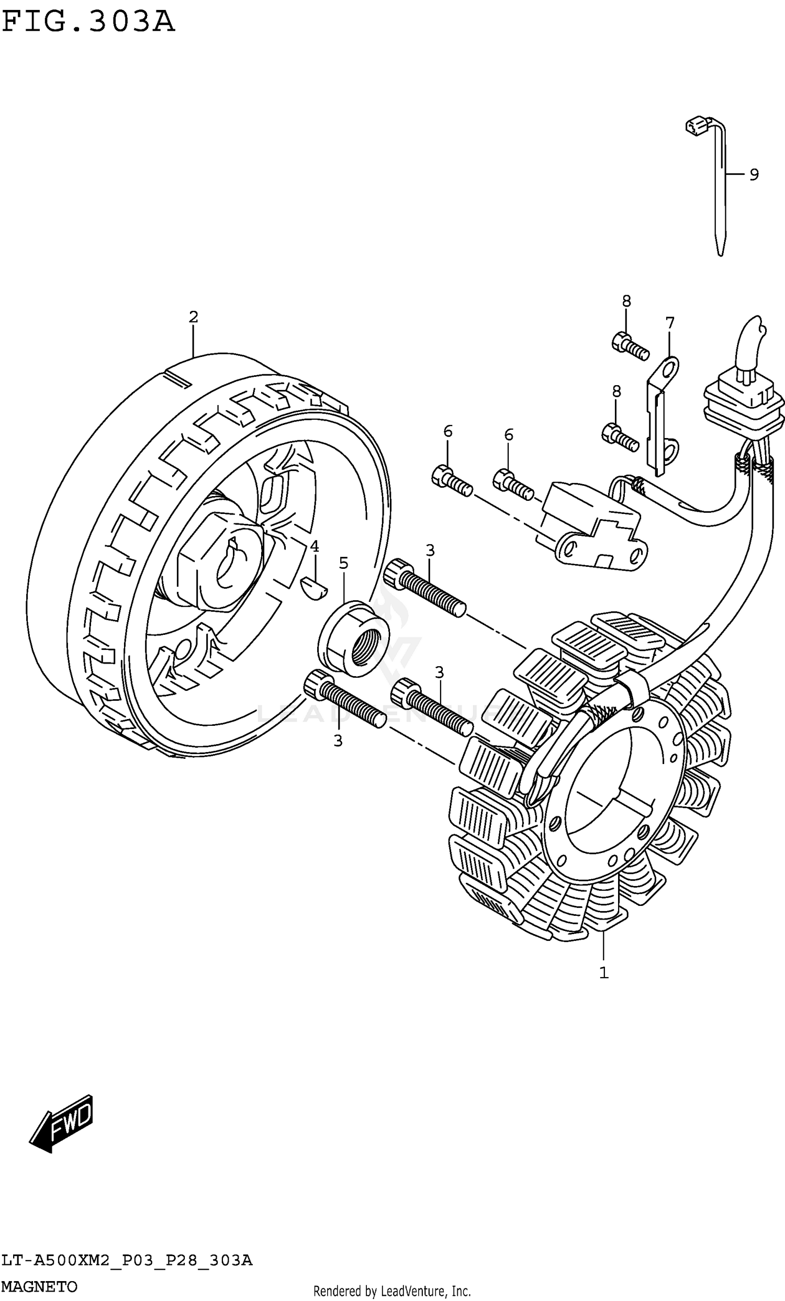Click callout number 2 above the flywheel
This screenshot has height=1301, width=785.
(x=193, y=317)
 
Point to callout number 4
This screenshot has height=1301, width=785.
(x=315, y=546)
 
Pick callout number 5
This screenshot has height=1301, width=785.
(x=344, y=564)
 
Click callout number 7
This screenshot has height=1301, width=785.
(x=669, y=322)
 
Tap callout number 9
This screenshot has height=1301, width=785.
(x=754, y=174)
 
